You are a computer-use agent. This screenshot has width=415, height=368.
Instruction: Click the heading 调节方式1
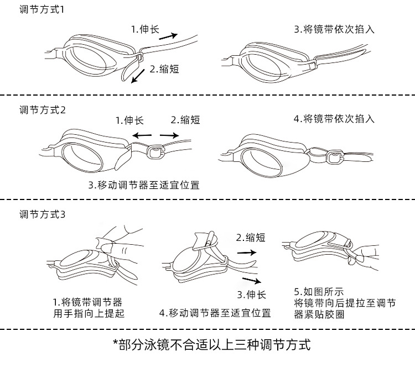coord(42,10)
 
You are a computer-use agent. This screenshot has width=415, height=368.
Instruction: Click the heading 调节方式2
coord(42,109)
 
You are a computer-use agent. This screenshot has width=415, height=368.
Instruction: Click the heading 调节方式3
coord(42,214)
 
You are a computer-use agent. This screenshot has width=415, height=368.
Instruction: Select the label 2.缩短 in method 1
coord(164,69)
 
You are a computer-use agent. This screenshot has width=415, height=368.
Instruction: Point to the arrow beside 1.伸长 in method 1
coord(168,36)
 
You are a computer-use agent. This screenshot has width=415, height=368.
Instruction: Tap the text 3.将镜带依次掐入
coord(334,29)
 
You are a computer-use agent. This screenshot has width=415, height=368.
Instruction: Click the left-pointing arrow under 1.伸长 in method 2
coord(142,134)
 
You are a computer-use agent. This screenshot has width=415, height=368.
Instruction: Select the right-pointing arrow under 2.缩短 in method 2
coord(169,134)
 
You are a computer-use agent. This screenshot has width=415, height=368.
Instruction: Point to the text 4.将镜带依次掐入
coord(334,118)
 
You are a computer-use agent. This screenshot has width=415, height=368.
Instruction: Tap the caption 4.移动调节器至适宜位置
coord(215,313)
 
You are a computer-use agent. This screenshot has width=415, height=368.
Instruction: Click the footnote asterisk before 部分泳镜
coord(116,345)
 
